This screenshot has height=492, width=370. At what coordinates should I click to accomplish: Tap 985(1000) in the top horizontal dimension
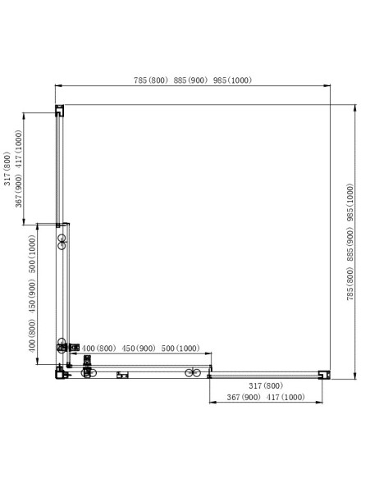(232, 80)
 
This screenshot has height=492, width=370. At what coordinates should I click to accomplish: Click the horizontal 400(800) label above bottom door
(100, 348)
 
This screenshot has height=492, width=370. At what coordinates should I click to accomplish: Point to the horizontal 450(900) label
(139, 348)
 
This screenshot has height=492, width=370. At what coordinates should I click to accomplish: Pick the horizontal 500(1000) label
(180, 348)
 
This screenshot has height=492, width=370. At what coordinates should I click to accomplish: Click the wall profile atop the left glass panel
(59, 110)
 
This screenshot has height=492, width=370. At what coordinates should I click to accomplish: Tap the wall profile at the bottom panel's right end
(323, 375)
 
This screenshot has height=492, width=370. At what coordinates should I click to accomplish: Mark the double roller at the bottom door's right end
(193, 374)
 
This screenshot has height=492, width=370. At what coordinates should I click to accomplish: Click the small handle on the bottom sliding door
(123, 376)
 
